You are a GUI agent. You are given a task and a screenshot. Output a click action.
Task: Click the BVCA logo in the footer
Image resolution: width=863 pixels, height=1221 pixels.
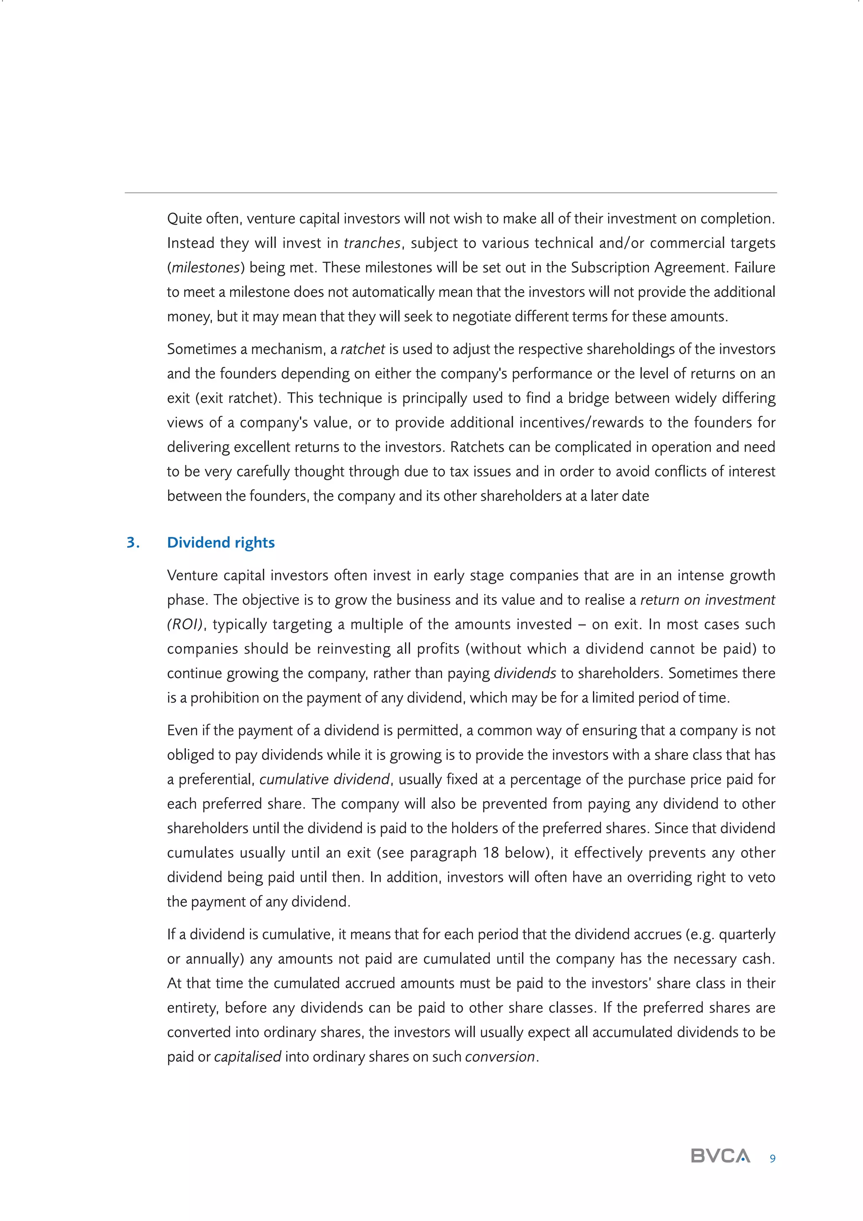pyautogui.click(x=720, y=1156)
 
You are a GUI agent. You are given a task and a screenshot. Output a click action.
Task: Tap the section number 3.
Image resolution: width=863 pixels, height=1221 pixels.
pyautogui.click(x=133, y=542)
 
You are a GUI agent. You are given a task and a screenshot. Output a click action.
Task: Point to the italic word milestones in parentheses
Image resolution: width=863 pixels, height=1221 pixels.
pyautogui.click(x=205, y=267)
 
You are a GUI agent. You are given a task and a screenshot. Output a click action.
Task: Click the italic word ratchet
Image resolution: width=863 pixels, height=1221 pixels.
pyautogui.click(x=362, y=349)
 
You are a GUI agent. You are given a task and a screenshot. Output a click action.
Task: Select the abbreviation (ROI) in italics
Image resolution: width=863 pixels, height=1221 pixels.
pyautogui.click(x=185, y=624)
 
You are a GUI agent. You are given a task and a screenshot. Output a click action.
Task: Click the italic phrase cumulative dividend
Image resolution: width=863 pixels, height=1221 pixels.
pyautogui.click(x=324, y=779)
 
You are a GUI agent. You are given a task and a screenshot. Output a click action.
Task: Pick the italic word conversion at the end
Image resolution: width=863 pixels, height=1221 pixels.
pyautogui.click(x=499, y=1057)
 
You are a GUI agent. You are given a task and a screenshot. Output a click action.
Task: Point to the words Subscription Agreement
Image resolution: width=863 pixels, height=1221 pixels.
pyautogui.click(x=648, y=267)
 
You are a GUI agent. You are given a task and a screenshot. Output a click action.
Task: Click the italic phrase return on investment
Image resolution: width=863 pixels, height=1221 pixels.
pyautogui.click(x=708, y=600)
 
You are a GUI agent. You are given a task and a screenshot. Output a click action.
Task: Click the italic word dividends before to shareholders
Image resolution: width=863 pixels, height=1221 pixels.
pyautogui.click(x=525, y=673)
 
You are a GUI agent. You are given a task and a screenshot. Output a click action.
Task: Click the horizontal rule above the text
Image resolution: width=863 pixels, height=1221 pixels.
pyautogui.click(x=450, y=192)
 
